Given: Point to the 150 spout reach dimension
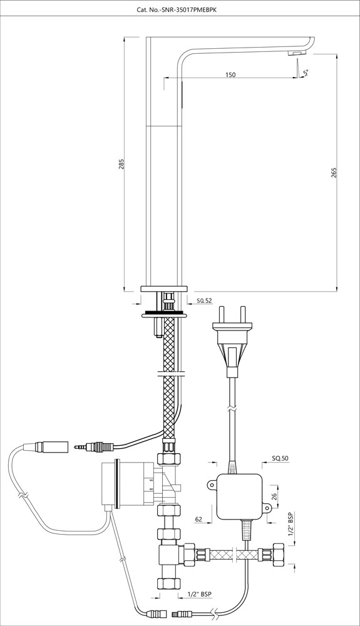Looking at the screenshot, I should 230,75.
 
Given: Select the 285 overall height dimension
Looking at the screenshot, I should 121,163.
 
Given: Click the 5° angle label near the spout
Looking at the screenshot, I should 306,74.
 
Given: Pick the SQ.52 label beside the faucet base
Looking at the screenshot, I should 205,301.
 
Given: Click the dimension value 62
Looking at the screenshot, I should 198,519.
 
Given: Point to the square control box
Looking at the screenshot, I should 241,497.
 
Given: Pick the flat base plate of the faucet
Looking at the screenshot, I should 164,288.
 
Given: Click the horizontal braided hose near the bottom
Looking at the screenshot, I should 232,554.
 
